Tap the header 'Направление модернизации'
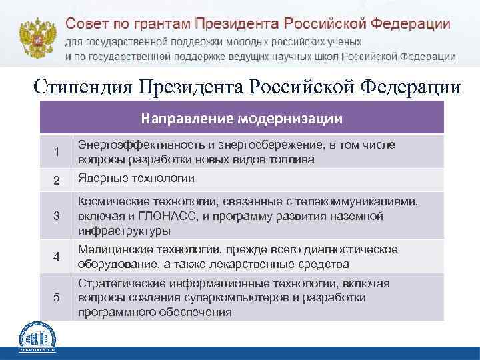pos(242,119)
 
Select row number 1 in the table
pos(57,153)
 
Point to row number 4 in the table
pos(57,257)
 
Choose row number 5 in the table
pos(57,297)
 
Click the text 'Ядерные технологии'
pos(136,178)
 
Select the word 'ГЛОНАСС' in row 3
pos(159,216)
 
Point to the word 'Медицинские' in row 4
pos(109,249)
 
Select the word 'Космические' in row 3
pos(109,202)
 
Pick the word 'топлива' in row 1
pos(293,160)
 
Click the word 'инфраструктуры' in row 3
pos(123,231)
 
